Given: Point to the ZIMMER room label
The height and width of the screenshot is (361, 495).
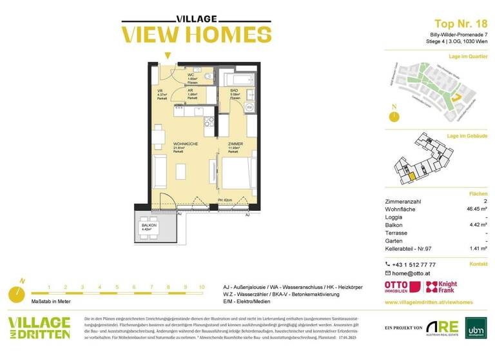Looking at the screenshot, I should click(x=235, y=144).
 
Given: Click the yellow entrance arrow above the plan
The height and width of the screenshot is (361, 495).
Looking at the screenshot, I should click(x=168, y=55).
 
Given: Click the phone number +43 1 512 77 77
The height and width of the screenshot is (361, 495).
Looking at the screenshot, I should click(x=414, y=264).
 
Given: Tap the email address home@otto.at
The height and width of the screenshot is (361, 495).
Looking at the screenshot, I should click(x=412, y=273).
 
